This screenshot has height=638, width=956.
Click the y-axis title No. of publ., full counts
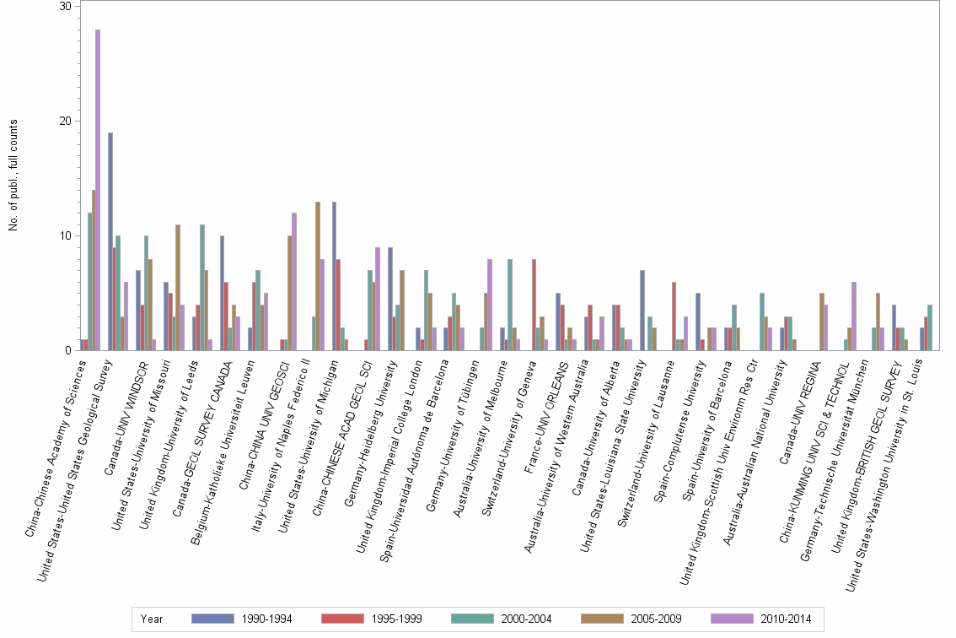(x=14, y=176)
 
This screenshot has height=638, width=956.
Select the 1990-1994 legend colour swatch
(x=213, y=619)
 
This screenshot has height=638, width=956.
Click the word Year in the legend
(x=152, y=619)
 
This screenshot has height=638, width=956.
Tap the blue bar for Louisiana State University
(x=642, y=310)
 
